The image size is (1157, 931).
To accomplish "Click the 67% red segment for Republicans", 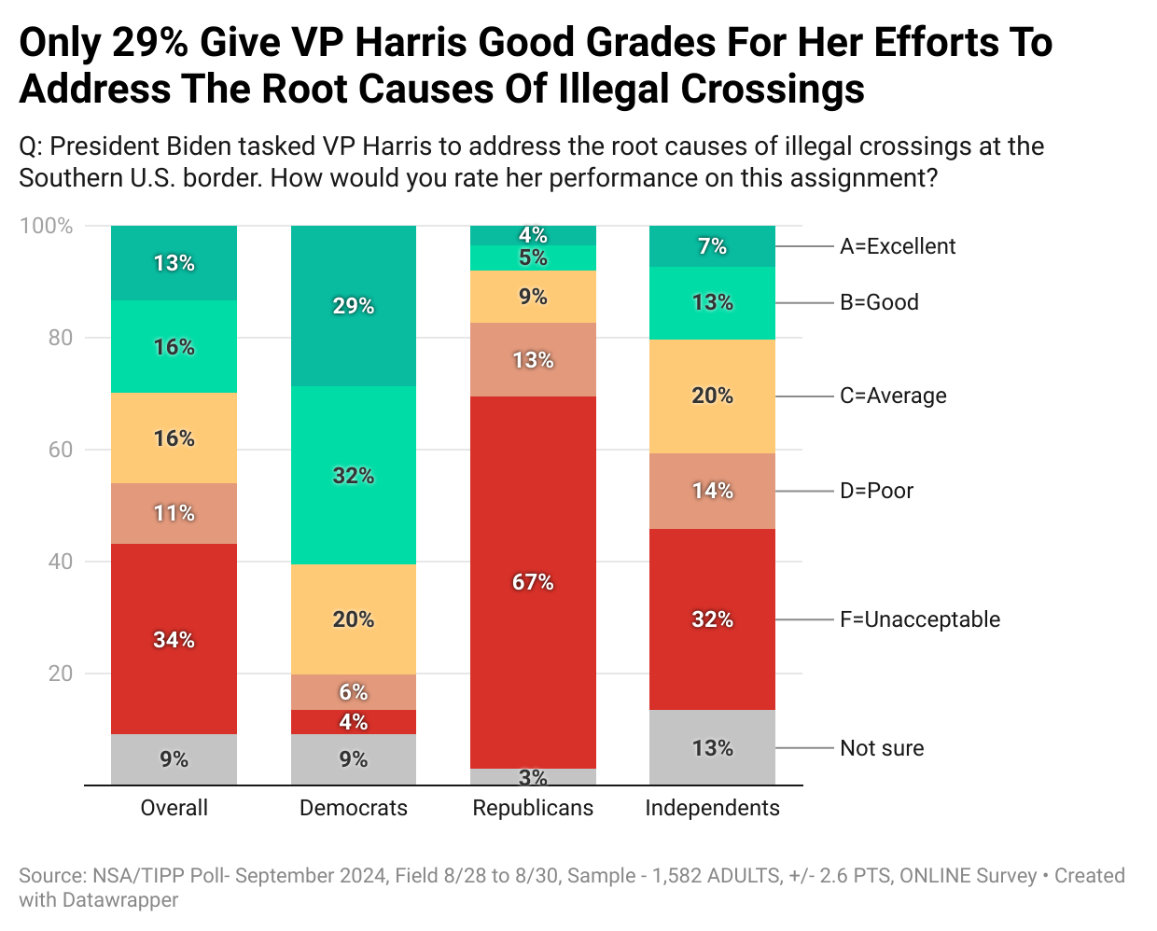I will click(x=533, y=582).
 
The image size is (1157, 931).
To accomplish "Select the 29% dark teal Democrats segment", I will click(x=354, y=306).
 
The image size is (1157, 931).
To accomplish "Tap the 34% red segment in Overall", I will click(x=174, y=639).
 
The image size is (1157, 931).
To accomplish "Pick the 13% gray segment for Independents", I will click(x=712, y=747).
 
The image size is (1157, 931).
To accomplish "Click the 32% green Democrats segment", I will click(x=354, y=476).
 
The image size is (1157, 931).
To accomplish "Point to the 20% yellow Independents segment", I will click(x=712, y=396).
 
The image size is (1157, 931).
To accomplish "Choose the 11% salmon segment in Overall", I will click(x=174, y=513).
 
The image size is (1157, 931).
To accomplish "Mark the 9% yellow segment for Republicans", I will click(x=533, y=297).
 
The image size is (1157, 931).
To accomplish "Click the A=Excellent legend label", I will click(x=898, y=246).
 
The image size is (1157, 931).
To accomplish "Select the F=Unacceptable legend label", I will click(x=919, y=619).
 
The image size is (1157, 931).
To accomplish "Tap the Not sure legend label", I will click(x=882, y=748).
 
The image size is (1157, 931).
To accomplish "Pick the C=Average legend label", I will click(x=893, y=396).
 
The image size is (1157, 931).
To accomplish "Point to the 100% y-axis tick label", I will click(x=47, y=226).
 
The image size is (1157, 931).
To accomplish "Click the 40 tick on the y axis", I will click(x=61, y=562).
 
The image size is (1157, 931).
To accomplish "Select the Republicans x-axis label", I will click(x=533, y=808).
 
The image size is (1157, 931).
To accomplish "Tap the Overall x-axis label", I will click(x=174, y=808).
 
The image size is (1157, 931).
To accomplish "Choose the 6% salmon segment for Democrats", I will click(x=354, y=692).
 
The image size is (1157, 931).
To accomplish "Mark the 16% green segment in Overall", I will click(x=174, y=347).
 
